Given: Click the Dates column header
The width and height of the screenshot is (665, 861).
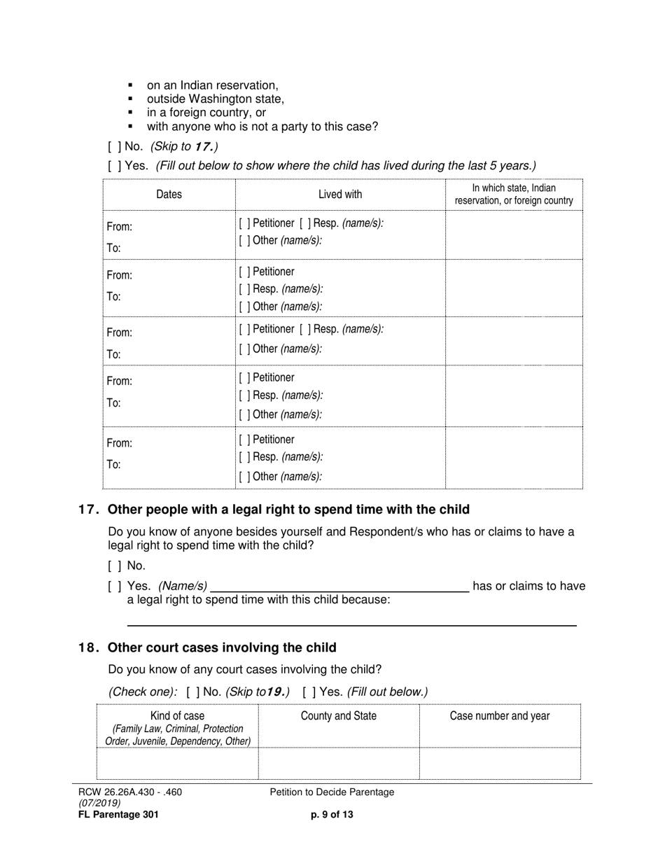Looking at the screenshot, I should click(169, 194).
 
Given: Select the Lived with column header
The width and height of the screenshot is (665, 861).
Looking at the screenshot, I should click(340, 194).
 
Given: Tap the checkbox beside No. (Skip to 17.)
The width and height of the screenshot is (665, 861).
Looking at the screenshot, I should click(114, 146).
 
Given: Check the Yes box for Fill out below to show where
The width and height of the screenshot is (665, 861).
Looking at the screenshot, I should click(114, 166).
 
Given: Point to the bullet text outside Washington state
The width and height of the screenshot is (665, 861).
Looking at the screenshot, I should click(215, 99).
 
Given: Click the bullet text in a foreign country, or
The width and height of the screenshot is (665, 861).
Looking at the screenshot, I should click(206, 113).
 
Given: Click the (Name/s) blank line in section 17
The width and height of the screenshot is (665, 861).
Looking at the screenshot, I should click(339, 587).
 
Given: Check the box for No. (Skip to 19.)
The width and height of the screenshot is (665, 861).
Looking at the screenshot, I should click(193, 692).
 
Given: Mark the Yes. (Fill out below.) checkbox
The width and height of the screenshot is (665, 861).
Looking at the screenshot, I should click(309, 692).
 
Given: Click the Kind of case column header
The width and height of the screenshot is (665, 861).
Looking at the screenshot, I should click(178, 715).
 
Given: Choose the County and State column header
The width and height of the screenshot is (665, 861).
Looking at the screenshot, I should click(339, 715).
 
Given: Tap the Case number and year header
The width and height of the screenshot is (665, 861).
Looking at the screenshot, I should click(500, 715).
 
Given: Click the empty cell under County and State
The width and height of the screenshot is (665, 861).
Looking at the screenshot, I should click(339, 763).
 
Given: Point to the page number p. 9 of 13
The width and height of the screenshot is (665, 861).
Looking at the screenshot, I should click(332, 814).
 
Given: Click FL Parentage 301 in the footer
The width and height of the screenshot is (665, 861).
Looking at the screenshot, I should click(118, 814).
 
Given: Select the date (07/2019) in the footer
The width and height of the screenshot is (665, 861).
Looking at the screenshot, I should click(99, 803).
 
